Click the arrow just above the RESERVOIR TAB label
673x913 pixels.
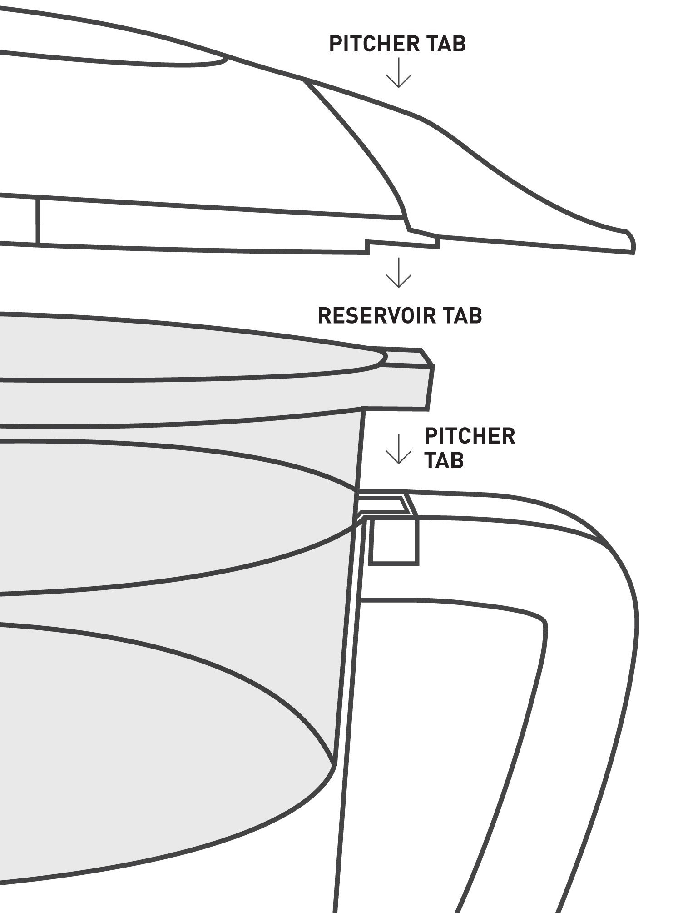[x=398, y=273]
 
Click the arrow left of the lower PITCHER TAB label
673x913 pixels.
[x=398, y=449]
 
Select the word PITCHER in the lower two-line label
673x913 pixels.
[x=470, y=436]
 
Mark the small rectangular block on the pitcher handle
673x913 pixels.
[x=393, y=541]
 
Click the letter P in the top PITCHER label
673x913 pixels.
[x=335, y=45]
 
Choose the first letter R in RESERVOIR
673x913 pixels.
[x=324, y=315]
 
